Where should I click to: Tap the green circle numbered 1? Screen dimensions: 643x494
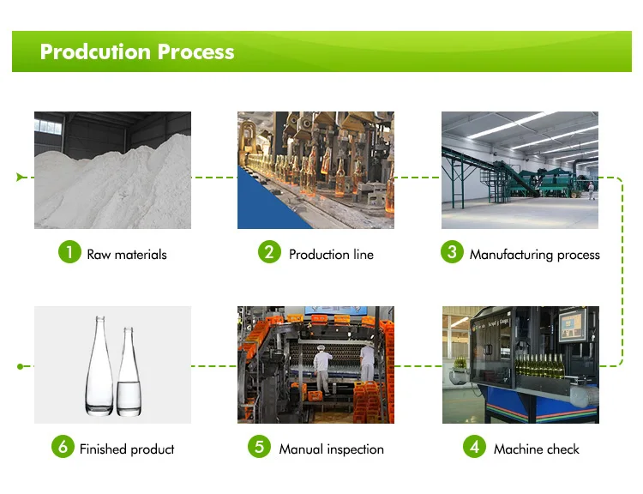(69, 253)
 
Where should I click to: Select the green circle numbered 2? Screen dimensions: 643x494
(270, 253)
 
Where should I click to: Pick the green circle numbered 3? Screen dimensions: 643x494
(451, 253)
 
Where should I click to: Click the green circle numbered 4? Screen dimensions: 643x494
(475, 448)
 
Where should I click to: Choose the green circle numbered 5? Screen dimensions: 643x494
(260, 448)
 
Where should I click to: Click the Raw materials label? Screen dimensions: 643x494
(127, 254)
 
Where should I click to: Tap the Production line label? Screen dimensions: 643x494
(331, 254)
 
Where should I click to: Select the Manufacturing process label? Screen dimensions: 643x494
(534, 254)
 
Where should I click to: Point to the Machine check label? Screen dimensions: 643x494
(536, 449)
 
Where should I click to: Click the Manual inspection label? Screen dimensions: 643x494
(331, 449)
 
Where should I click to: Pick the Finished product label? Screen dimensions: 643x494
(127, 449)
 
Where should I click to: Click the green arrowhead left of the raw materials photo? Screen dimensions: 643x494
(20, 178)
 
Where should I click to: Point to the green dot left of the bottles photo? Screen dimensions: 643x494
(20, 366)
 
